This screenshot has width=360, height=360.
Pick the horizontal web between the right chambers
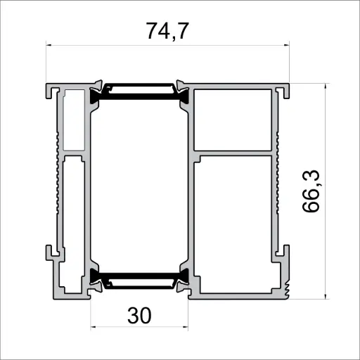pyautogui.click(x=233, y=152)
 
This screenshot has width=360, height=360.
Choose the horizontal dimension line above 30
pyautogui.click(x=139, y=327)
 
